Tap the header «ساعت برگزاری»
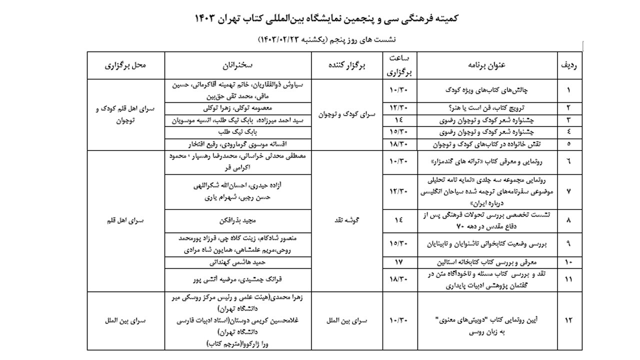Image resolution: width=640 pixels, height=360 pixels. [399, 65]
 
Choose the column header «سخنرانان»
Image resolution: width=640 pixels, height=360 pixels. [238, 65]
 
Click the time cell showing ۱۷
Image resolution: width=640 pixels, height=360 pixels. [399, 261]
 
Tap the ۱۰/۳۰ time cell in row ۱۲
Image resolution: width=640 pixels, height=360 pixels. [399, 320]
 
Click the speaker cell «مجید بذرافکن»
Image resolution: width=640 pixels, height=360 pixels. [238, 220]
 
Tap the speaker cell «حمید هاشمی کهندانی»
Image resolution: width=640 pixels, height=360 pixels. [238, 261]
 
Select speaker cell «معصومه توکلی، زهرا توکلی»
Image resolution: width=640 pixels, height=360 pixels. [238, 107]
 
